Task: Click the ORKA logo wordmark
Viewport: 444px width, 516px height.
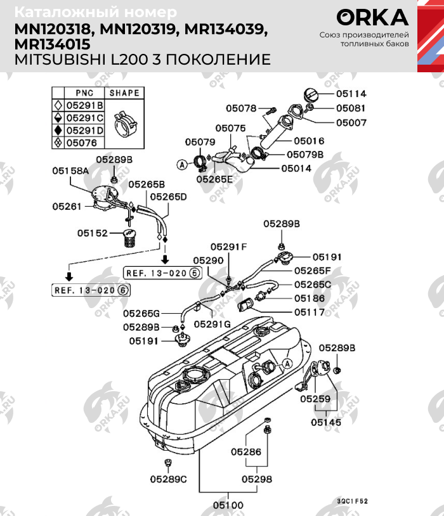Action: [372, 18]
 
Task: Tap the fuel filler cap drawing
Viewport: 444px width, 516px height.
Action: [312, 96]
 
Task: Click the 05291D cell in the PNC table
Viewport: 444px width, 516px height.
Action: [85, 130]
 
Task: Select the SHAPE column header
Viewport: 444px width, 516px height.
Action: [124, 93]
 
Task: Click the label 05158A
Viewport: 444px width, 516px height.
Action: [70, 171]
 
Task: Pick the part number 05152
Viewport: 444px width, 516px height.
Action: [93, 233]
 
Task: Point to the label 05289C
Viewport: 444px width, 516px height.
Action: [168, 479]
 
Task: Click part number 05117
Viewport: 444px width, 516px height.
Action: [309, 312]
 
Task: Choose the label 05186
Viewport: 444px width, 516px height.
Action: [309, 298]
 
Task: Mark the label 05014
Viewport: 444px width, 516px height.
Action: [296, 169]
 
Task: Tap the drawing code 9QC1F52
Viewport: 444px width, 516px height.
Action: [353, 501]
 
